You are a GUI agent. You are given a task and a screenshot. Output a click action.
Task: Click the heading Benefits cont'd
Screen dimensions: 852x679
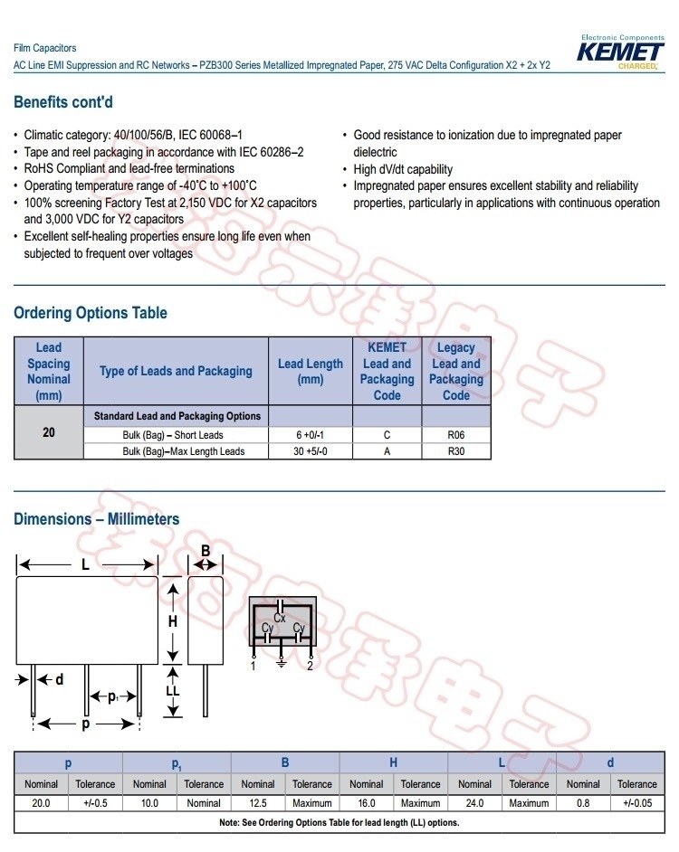point(63,102)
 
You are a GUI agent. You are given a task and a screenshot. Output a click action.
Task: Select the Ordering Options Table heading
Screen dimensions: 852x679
point(91,313)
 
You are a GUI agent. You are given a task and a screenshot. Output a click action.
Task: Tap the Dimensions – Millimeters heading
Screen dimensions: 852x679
point(97,519)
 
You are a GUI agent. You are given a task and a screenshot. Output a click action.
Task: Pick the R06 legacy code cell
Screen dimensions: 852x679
point(456,434)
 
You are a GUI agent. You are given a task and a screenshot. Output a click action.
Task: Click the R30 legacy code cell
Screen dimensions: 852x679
point(456,450)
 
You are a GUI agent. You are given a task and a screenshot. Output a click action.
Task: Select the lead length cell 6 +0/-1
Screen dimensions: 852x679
point(311,434)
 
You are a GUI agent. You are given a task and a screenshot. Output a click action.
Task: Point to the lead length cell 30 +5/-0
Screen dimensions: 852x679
point(311,450)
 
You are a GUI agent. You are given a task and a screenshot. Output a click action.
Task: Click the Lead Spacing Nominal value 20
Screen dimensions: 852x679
point(49,432)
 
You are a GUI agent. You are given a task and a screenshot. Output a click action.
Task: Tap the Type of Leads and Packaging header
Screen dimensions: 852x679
point(176,371)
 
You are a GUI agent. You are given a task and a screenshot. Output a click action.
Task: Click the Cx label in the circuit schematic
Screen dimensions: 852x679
point(280,618)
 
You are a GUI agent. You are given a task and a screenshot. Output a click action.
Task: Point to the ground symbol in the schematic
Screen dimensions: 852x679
point(282,663)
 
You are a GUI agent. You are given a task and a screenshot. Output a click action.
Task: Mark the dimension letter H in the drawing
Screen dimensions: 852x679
point(172,621)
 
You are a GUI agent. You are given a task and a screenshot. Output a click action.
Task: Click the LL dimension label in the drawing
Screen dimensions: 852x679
point(173,691)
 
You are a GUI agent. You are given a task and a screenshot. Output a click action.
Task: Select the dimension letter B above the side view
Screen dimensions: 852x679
point(206,551)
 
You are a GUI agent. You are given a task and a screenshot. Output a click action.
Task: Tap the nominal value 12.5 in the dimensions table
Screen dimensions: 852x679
point(258,802)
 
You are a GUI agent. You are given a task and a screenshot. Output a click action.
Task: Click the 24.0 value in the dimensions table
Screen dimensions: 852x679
point(474,802)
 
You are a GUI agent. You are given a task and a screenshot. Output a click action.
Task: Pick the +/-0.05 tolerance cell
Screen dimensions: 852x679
point(636,802)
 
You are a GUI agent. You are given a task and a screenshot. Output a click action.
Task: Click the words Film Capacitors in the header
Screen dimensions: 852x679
point(45,48)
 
